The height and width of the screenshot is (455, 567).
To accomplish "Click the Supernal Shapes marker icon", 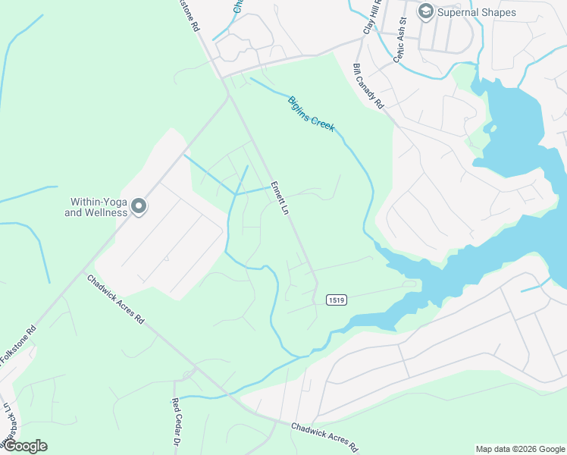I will pyautogui.click(x=425, y=11).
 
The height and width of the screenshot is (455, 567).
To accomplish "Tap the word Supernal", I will pyautogui.click(x=459, y=12).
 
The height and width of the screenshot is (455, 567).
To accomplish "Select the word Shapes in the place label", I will pyautogui.click(x=500, y=12).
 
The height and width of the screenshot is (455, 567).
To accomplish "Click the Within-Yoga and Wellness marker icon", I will pyautogui.click(x=139, y=206).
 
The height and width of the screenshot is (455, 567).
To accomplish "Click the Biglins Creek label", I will pyautogui.click(x=311, y=114).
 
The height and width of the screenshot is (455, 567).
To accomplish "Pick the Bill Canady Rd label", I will pyautogui.click(x=368, y=86).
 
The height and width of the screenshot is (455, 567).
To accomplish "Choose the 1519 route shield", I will pyautogui.click(x=337, y=300).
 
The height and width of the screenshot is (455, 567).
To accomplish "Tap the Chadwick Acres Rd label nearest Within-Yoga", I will pyautogui.click(x=115, y=299).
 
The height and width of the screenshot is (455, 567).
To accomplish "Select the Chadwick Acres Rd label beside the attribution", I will pyautogui.click(x=324, y=438).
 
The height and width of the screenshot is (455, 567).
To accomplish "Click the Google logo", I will pyautogui.click(x=25, y=446).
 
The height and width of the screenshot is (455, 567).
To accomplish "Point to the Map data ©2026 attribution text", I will pyautogui.click(x=519, y=449).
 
